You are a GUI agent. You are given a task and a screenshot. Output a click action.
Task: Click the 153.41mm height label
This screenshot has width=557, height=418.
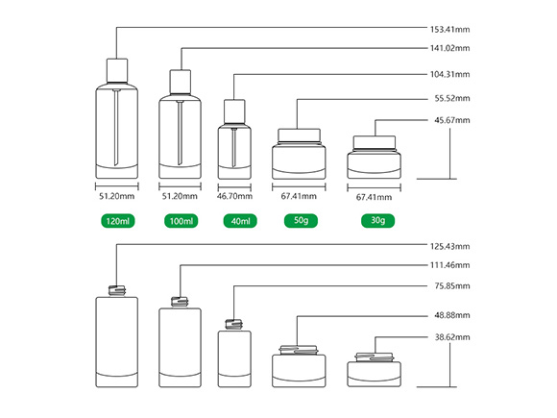point(449,29)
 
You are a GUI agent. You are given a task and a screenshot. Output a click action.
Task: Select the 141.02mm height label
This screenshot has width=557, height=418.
point(449,48)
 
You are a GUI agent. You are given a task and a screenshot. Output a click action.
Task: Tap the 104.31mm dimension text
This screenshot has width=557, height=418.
point(449,74)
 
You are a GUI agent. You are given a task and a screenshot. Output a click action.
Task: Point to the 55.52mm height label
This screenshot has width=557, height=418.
point(452,98)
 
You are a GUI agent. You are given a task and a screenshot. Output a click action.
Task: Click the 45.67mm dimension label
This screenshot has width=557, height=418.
point(452,120)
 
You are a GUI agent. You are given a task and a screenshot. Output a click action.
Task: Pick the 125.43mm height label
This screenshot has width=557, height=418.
point(449,246)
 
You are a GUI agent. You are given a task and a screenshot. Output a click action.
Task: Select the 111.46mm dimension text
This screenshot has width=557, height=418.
point(449,265)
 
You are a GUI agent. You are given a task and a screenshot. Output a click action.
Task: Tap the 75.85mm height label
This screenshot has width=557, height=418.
point(452,286)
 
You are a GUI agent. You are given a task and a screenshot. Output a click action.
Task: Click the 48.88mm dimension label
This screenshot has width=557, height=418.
point(452,315)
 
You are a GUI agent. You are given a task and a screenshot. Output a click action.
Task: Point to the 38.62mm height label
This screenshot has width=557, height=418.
point(452,337)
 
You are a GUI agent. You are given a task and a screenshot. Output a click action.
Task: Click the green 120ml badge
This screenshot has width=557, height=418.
point(118,221)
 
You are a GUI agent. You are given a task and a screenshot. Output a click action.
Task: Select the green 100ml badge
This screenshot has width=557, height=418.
point(182,221)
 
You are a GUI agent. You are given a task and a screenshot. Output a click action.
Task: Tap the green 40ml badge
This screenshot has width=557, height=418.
point(240,221)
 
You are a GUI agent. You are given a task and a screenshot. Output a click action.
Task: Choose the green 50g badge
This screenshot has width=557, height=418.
point(301,220)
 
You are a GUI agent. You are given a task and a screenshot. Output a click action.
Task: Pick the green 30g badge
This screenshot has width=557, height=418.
point(378,220)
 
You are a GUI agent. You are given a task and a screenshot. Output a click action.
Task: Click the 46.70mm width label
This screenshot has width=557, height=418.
point(234,196)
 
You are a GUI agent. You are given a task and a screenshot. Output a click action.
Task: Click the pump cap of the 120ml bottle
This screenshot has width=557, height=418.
point(117,71)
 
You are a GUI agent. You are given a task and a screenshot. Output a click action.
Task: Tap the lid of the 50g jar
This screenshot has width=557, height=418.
point(299,135)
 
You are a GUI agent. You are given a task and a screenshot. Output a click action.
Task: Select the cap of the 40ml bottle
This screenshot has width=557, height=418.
point(234,111)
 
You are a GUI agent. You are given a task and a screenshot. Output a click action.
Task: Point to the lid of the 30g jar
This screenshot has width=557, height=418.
point(375,142)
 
